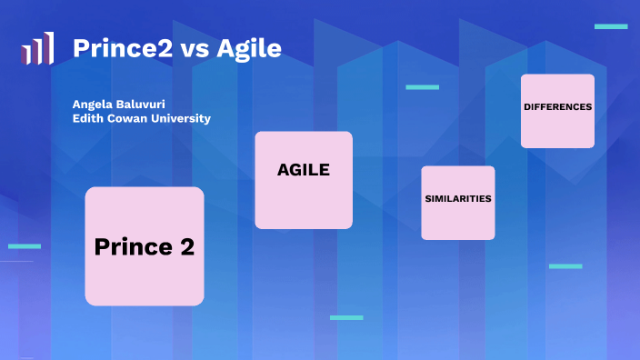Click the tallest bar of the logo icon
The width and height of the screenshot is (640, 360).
click(x=49, y=48)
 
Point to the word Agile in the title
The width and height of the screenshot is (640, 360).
click(x=248, y=47)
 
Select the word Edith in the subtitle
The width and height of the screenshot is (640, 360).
click(x=88, y=119)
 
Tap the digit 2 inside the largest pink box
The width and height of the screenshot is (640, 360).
click(x=187, y=246)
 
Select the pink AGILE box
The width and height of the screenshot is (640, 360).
click(x=304, y=180)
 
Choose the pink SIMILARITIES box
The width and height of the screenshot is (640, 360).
click(x=458, y=202)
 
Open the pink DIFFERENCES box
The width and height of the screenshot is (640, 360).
click(x=557, y=110)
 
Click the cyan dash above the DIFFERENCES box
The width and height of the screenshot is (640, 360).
click(x=611, y=26)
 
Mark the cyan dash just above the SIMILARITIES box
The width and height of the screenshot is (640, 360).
click(x=422, y=87)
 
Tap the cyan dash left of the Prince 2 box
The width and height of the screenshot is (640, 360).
click(x=25, y=245)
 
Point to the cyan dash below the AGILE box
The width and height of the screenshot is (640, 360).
click(x=346, y=317)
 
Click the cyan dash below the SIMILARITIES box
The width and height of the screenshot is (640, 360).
click(x=565, y=266)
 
